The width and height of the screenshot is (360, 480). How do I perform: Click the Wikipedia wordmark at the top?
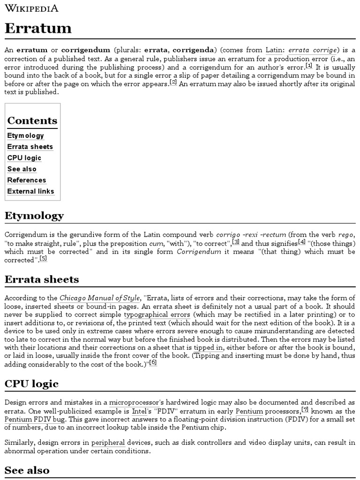tap(31, 8)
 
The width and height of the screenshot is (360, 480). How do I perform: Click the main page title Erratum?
tap(38, 28)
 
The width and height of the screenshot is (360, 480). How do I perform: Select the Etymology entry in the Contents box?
tap(26, 135)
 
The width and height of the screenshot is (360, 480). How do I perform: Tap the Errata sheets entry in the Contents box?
tap(30, 147)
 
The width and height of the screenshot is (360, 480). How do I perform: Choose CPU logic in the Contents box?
tap(24, 158)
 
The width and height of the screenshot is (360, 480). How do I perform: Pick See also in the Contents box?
tap(22, 169)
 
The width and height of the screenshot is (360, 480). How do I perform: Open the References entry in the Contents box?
tap(27, 180)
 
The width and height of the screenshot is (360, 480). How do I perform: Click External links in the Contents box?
tap(31, 191)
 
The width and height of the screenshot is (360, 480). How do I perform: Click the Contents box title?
tap(32, 120)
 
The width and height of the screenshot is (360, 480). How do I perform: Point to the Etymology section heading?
tap(34, 216)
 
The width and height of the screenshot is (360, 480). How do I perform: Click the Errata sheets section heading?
tap(42, 279)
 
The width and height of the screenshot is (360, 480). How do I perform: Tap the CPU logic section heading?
tap(31, 384)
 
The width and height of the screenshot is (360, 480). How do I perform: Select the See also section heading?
tap(27, 470)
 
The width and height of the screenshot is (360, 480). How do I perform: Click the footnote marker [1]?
tap(308, 66)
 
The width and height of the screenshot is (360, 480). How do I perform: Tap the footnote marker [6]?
tap(153, 361)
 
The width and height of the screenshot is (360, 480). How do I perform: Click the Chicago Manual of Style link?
tap(100, 298)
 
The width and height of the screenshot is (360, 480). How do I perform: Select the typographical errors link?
tap(157, 315)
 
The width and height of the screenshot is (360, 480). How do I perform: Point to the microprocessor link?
tap(136, 402)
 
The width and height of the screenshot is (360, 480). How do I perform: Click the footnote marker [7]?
tap(305, 409)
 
